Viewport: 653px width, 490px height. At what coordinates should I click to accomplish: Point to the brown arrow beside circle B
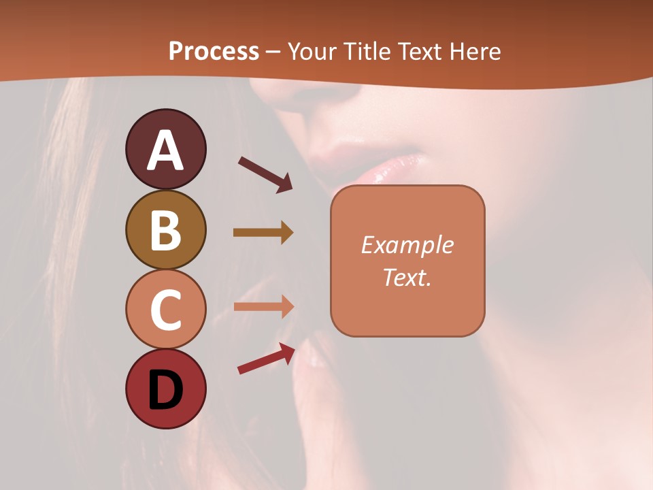click(263, 233)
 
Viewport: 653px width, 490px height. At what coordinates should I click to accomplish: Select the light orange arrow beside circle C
click(263, 307)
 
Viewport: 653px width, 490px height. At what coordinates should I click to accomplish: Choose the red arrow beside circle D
click(266, 359)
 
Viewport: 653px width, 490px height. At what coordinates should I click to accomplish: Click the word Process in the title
click(214, 52)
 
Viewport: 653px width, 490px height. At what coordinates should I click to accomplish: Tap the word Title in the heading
click(367, 52)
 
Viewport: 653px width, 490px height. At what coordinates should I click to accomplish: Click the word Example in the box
click(407, 245)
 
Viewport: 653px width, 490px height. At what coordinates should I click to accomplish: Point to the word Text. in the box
click(407, 277)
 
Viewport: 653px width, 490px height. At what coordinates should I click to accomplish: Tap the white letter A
click(165, 150)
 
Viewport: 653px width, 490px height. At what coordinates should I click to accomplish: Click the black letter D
click(165, 390)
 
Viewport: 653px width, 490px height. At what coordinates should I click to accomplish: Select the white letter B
click(165, 230)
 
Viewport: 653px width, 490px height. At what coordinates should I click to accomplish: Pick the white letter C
click(165, 310)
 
